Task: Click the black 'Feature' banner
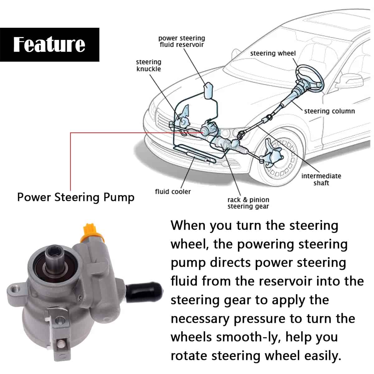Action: pyautogui.click(x=49, y=44)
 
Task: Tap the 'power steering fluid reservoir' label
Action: pyautogui.click(x=182, y=41)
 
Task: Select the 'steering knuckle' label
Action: pyautogui.click(x=149, y=65)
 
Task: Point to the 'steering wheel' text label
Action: pyautogui.click(x=273, y=53)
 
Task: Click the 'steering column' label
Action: pyautogui.click(x=329, y=111)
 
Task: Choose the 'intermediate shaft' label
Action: pyautogui.click(x=321, y=179)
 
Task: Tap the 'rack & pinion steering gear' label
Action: pyautogui.click(x=248, y=203)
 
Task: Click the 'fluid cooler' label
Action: pyautogui.click(x=173, y=191)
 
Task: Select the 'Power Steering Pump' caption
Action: pyautogui.click(x=76, y=197)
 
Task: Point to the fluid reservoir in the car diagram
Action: pyautogui.click(x=208, y=90)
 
